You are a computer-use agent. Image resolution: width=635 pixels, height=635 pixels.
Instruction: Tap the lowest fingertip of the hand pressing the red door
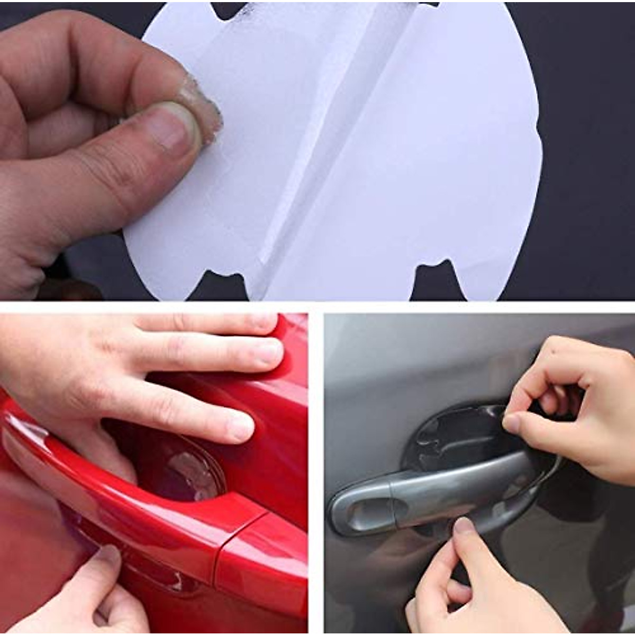(241, 426)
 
